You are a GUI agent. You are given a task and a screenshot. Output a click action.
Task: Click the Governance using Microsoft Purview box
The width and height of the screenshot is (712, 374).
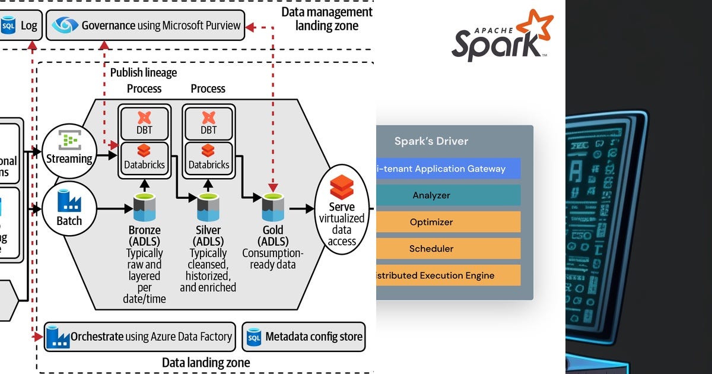coord(145,25)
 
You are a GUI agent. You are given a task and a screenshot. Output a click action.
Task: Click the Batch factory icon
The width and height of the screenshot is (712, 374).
coord(69,202)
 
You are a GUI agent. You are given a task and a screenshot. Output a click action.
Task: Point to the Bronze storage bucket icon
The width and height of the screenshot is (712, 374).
coord(144,208)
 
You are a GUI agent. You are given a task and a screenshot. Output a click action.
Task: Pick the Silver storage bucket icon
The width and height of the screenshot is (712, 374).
coord(208,208)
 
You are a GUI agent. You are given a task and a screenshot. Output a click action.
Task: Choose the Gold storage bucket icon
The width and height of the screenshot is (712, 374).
coord(274,208)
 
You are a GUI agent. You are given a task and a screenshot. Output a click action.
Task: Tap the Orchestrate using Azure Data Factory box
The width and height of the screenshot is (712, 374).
coord(140,337)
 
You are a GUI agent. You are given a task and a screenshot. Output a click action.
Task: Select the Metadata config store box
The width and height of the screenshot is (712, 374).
coord(304,337)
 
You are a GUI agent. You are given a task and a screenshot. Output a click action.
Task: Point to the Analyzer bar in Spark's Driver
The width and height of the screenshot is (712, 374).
coord(448,195)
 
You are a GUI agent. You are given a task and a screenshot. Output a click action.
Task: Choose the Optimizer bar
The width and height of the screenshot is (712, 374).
coord(448,222)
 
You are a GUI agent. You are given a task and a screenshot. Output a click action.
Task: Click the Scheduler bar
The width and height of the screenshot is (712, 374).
coord(448,249)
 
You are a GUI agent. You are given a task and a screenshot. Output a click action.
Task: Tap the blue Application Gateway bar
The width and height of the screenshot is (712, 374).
coord(448,169)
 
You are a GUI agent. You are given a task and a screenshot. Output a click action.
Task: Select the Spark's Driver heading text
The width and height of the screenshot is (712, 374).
coord(431,141)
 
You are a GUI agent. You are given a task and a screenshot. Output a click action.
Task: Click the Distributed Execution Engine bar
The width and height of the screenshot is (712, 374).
coord(448,275)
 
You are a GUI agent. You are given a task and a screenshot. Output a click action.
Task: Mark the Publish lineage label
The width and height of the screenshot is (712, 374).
coord(144,72)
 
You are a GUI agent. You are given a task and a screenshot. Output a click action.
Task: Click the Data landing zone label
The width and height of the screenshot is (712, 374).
coord(206,362)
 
